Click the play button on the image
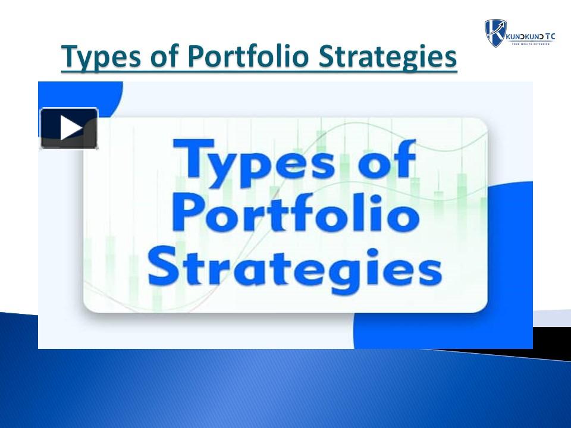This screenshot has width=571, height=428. [x=69, y=128]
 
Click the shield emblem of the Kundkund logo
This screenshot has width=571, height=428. [x=495, y=32]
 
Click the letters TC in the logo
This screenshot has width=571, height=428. [x=550, y=37]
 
